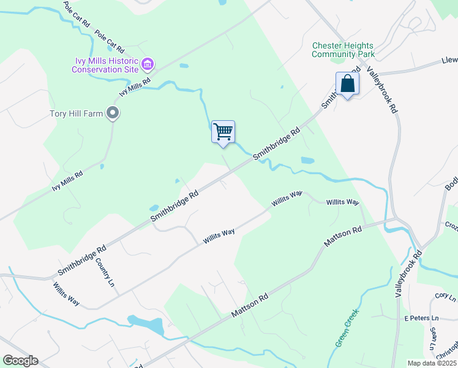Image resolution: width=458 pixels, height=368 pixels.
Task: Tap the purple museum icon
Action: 148,64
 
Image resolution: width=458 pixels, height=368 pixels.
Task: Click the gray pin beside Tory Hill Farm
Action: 112,113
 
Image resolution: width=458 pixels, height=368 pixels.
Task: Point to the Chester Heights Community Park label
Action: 343,50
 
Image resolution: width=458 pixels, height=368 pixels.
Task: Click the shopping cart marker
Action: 223,132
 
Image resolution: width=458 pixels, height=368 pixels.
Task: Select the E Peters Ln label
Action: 422,319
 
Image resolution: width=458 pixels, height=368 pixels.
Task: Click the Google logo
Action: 20,361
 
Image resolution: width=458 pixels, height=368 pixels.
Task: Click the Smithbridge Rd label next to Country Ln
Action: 81,259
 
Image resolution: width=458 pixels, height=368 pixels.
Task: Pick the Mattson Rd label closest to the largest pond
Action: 250,305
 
